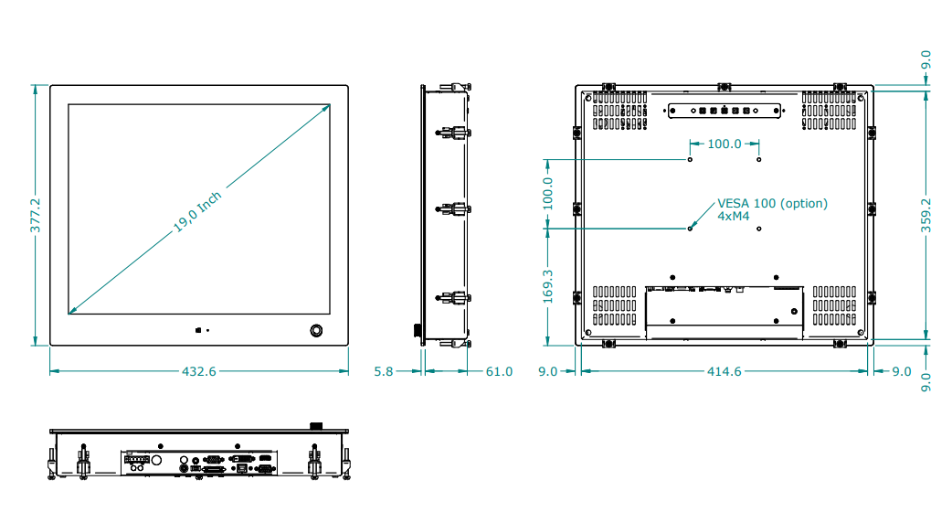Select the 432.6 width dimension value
click(x=199, y=371)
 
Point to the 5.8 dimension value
click(x=384, y=371)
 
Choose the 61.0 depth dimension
click(x=499, y=371)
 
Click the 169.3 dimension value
click(x=547, y=286)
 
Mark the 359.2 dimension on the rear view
click(x=926, y=216)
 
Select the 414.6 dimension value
click(x=725, y=371)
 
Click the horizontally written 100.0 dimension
click(x=725, y=144)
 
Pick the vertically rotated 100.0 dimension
click(x=547, y=194)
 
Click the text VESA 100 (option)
click(x=772, y=203)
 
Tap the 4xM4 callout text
click(x=734, y=217)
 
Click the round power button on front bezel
click(x=317, y=329)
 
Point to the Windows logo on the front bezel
click(x=197, y=329)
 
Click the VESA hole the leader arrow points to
click(x=691, y=228)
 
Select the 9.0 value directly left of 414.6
click(x=547, y=371)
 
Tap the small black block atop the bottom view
click(x=317, y=425)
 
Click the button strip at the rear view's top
click(x=724, y=111)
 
